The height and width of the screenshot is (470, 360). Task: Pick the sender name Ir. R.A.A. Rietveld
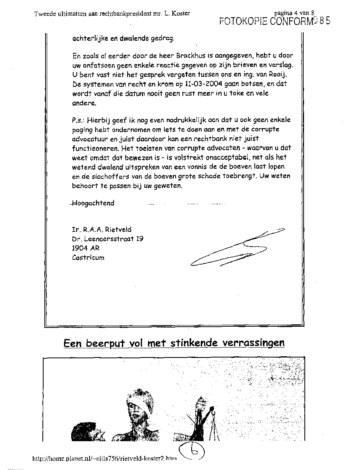(102, 229)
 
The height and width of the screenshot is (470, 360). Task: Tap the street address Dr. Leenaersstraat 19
(108, 239)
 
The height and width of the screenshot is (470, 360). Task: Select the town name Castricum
(88, 258)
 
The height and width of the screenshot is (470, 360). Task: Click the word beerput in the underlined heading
(104, 343)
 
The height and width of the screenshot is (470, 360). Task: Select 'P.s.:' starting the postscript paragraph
(80, 120)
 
